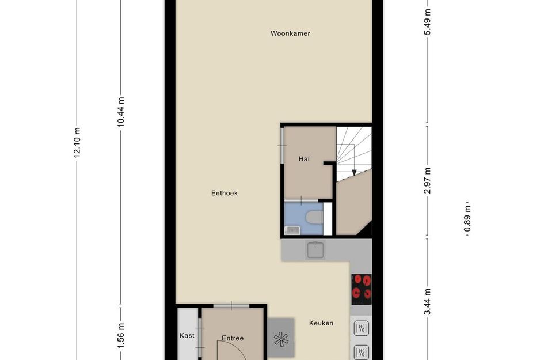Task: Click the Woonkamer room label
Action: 290,33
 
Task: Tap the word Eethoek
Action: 224,194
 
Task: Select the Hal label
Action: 304,159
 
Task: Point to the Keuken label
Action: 321,323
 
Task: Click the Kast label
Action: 187,335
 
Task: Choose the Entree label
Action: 233,338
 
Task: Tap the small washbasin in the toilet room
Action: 292,230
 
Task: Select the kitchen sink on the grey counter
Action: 315,250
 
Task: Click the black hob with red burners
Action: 362,289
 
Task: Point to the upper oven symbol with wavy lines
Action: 361,329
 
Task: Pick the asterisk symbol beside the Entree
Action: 281,339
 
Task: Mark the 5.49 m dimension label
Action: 427,22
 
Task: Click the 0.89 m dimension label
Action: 467,219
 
